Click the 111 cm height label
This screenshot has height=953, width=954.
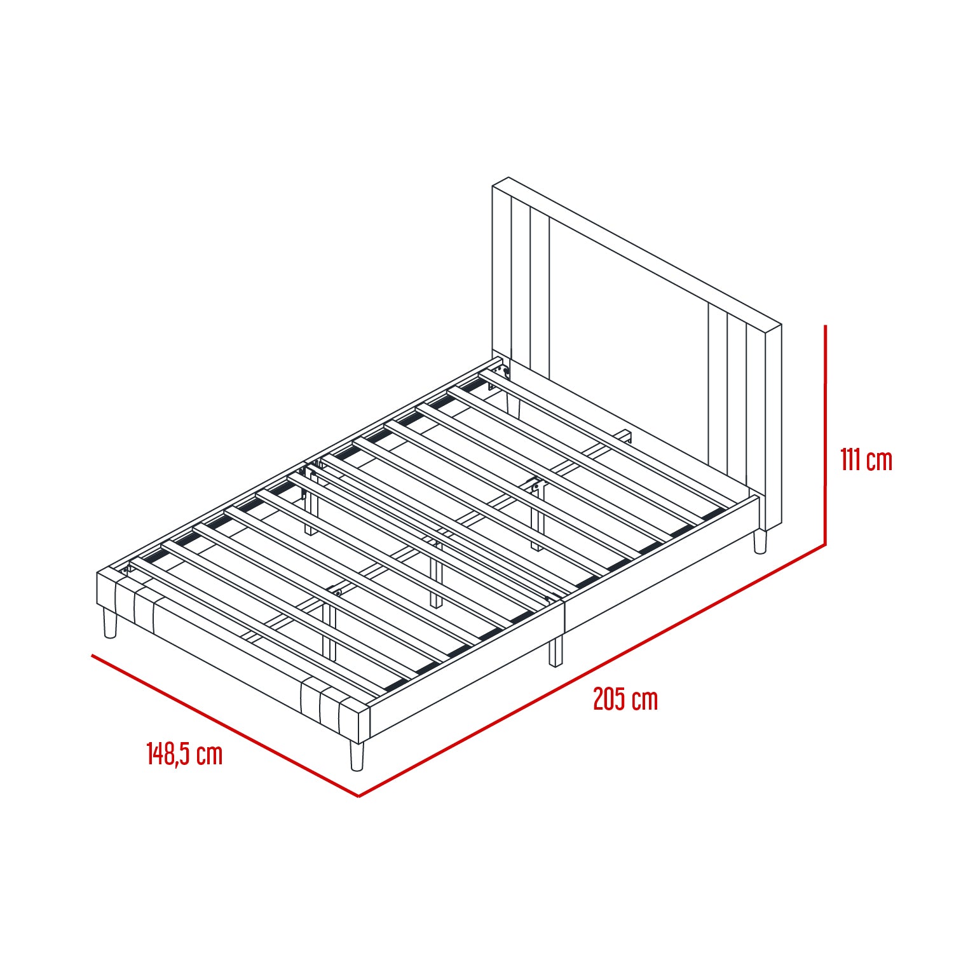pos(866,459)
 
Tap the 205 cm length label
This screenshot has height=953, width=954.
pos(625,699)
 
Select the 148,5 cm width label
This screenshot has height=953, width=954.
pos(184,754)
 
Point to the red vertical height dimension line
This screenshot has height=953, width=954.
pos(825,435)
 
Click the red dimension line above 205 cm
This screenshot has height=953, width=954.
pos(592,670)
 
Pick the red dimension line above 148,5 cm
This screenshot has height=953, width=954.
pos(225,726)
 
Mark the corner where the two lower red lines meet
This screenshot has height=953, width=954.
pos(359,796)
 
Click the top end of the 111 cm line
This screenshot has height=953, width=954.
pos(825,326)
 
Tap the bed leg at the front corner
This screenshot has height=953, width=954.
pos(357,756)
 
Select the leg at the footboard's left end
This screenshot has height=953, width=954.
pos(110,623)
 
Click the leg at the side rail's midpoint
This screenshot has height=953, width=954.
pos(556,652)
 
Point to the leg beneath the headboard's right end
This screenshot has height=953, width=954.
pos(760,541)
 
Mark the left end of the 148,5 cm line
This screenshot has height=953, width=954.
pos(92,654)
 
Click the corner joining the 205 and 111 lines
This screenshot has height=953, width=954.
pos(825,544)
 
